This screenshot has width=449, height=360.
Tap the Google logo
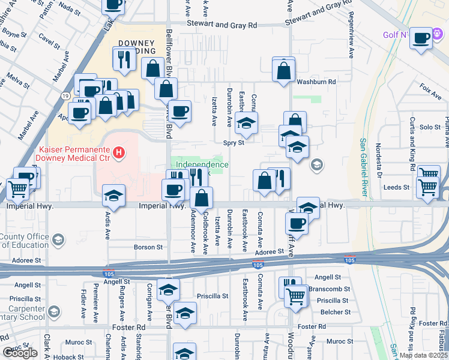[20, 353]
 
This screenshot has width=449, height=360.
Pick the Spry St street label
[234, 143]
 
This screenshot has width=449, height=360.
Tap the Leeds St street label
[396, 187]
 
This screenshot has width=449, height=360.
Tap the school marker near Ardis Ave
[113, 194]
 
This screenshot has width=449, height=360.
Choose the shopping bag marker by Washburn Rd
[283, 71]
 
